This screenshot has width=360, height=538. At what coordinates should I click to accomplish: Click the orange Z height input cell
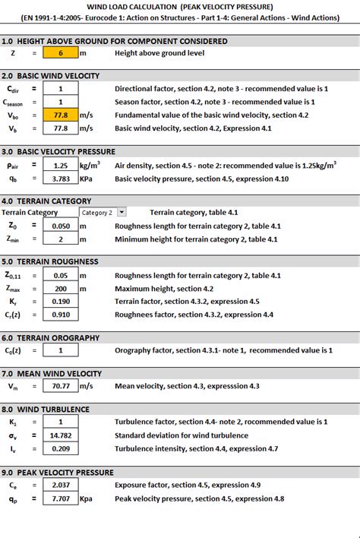tap(61, 53)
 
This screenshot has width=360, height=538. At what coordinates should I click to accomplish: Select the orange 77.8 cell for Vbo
tap(61, 115)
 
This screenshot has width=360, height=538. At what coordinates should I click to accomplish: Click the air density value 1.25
tap(61, 164)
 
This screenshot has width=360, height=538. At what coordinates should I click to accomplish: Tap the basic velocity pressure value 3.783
tap(61, 178)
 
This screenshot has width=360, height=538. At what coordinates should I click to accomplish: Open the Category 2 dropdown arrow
tap(122, 213)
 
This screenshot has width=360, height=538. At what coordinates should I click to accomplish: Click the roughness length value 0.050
tap(61, 226)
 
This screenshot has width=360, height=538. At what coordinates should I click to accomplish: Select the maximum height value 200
tap(61, 289)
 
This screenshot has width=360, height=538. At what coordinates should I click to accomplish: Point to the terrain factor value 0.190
tap(61, 302)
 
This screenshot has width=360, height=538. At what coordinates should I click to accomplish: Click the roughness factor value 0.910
tap(61, 315)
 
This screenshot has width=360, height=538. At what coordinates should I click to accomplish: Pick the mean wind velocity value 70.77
tap(61, 386)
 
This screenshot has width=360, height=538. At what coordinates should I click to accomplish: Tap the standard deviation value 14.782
tap(61, 435)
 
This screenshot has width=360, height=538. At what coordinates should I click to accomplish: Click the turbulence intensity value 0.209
tap(61, 448)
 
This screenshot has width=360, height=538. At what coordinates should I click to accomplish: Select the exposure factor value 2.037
tap(61, 485)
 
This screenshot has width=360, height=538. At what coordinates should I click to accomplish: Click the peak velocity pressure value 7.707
tap(61, 498)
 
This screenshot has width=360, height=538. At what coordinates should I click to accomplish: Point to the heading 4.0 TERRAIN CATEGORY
tap(46, 201)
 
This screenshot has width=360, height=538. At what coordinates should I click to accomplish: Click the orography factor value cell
tap(61, 350)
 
